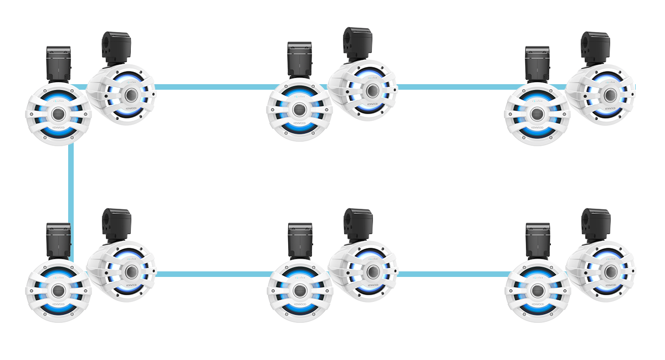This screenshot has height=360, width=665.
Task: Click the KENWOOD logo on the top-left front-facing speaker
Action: coord(58,127)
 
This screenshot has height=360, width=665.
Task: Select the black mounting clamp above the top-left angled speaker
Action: coord(116,48)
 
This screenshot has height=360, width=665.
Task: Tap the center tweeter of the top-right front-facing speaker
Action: coord(537,114)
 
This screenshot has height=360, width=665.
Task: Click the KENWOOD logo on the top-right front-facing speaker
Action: coord(537,127)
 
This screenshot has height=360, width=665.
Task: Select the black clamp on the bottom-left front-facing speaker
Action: coord(58,240)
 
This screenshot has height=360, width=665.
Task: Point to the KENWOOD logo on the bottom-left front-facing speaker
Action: coord(58,304)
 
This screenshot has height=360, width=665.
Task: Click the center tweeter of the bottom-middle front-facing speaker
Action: coord(300,290)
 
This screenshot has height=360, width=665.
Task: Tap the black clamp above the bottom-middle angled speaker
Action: coord(358,225)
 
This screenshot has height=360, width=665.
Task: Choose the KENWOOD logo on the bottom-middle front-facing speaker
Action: coord(300,304)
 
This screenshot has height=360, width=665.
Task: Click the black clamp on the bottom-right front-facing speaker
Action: coord(538,240)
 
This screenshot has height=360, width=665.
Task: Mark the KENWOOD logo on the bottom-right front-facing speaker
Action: coord(537,304)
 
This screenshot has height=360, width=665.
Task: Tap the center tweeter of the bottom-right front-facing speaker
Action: coord(537,290)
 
